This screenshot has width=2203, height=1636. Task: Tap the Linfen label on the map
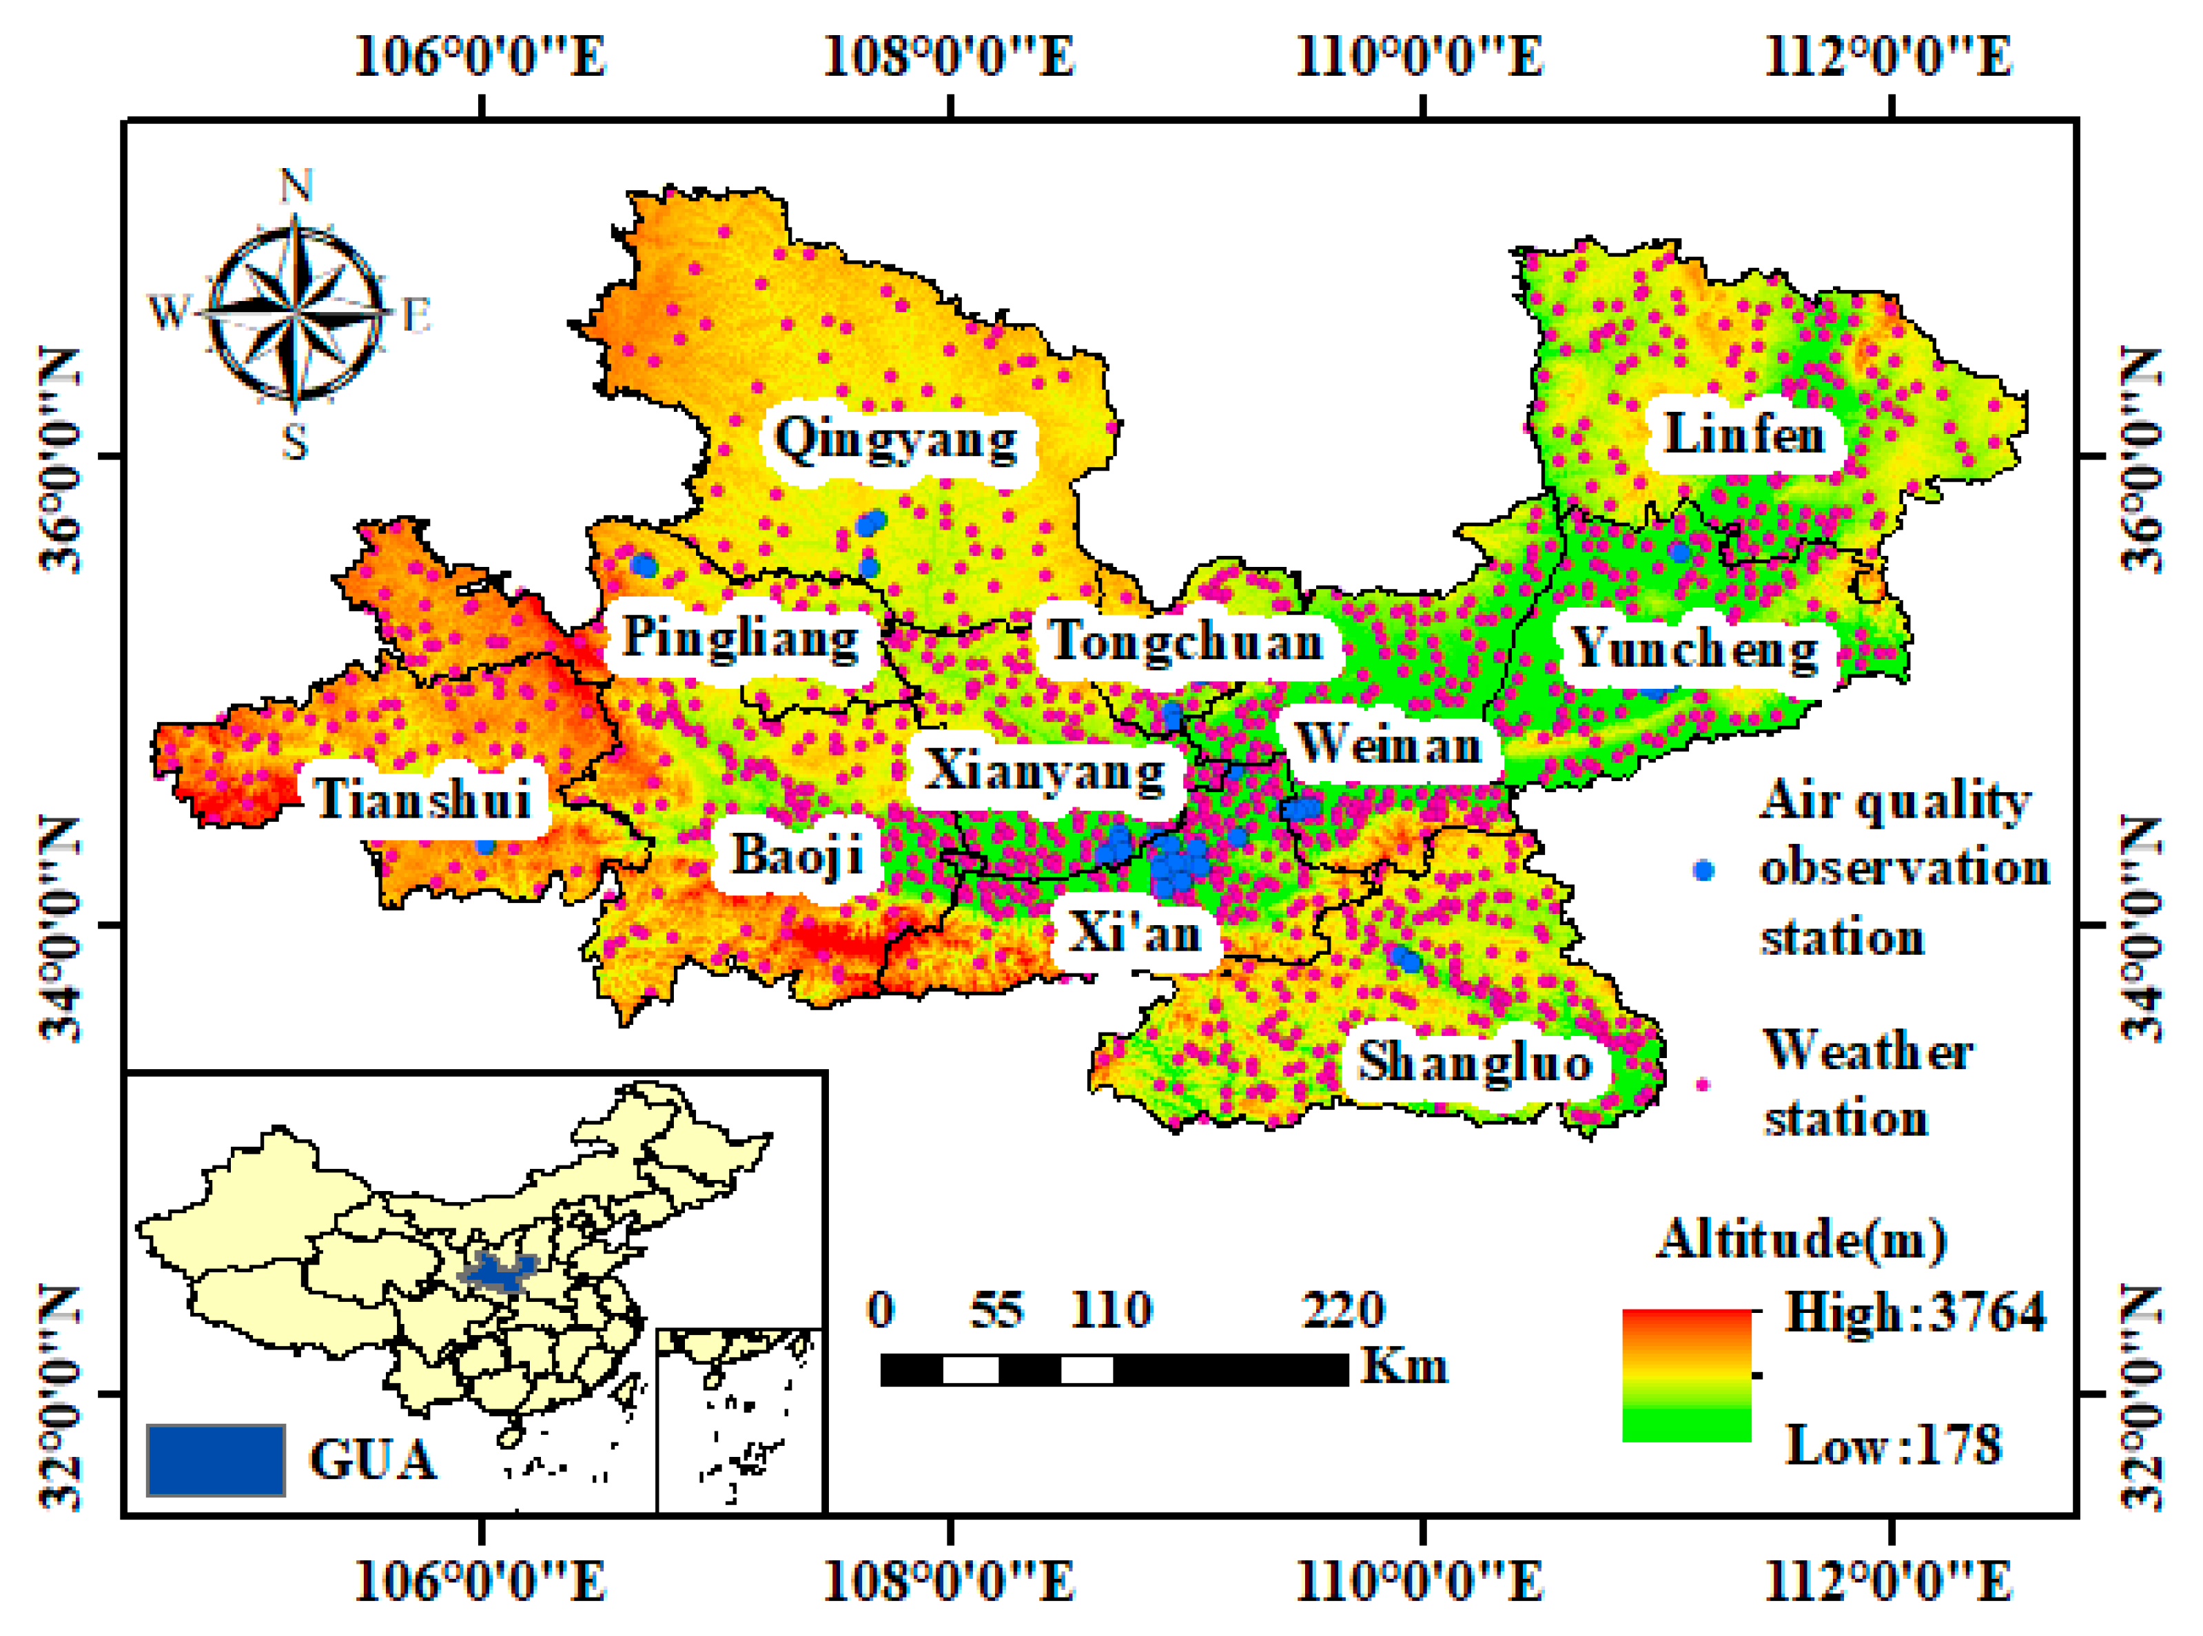click(x=1743, y=434)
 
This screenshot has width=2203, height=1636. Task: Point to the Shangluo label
click(x=1475, y=1062)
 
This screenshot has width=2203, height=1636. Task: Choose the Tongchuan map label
click(x=1187, y=641)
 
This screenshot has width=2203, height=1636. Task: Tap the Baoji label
click(x=797, y=853)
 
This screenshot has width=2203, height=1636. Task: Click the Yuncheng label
click(x=1696, y=650)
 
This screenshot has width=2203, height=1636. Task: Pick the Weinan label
click(x=1389, y=744)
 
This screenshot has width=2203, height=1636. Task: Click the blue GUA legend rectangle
click(x=216, y=1460)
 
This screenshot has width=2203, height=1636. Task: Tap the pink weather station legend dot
click(x=1703, y=1084)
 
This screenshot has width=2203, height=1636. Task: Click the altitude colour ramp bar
click(x=1687, y=1374)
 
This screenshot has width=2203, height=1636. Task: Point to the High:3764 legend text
click(x=1914, y=1312)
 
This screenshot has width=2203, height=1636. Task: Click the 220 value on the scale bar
click(x=1343, y=1309)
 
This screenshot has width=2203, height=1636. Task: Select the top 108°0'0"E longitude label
click(x=949, y=56)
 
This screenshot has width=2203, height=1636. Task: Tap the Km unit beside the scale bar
click(x=1404, y=1366)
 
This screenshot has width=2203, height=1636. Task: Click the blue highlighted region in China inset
click(x=498, y=1271)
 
